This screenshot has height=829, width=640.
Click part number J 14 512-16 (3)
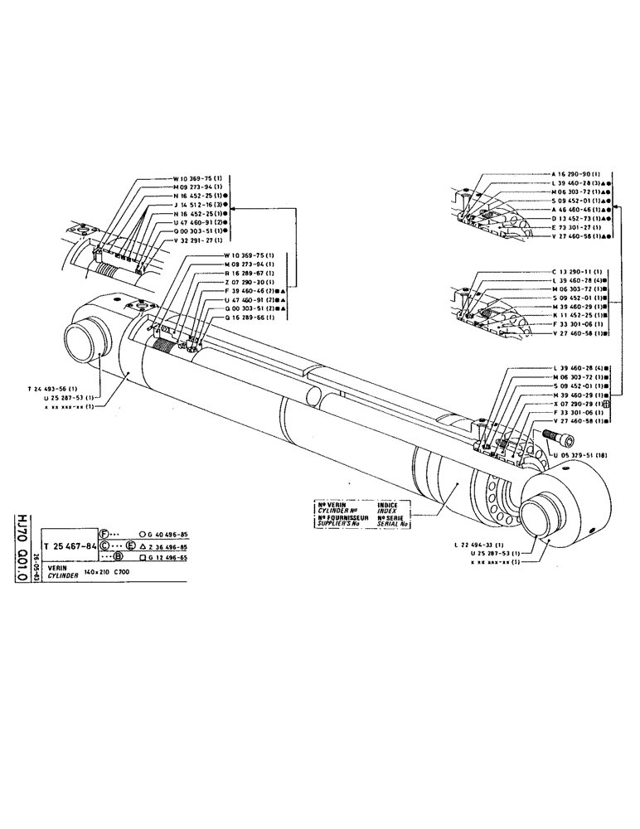[x=199, y=203]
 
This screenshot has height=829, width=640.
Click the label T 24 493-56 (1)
[x=51, y=388]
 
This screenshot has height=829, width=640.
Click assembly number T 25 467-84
[x=70, y=547]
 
